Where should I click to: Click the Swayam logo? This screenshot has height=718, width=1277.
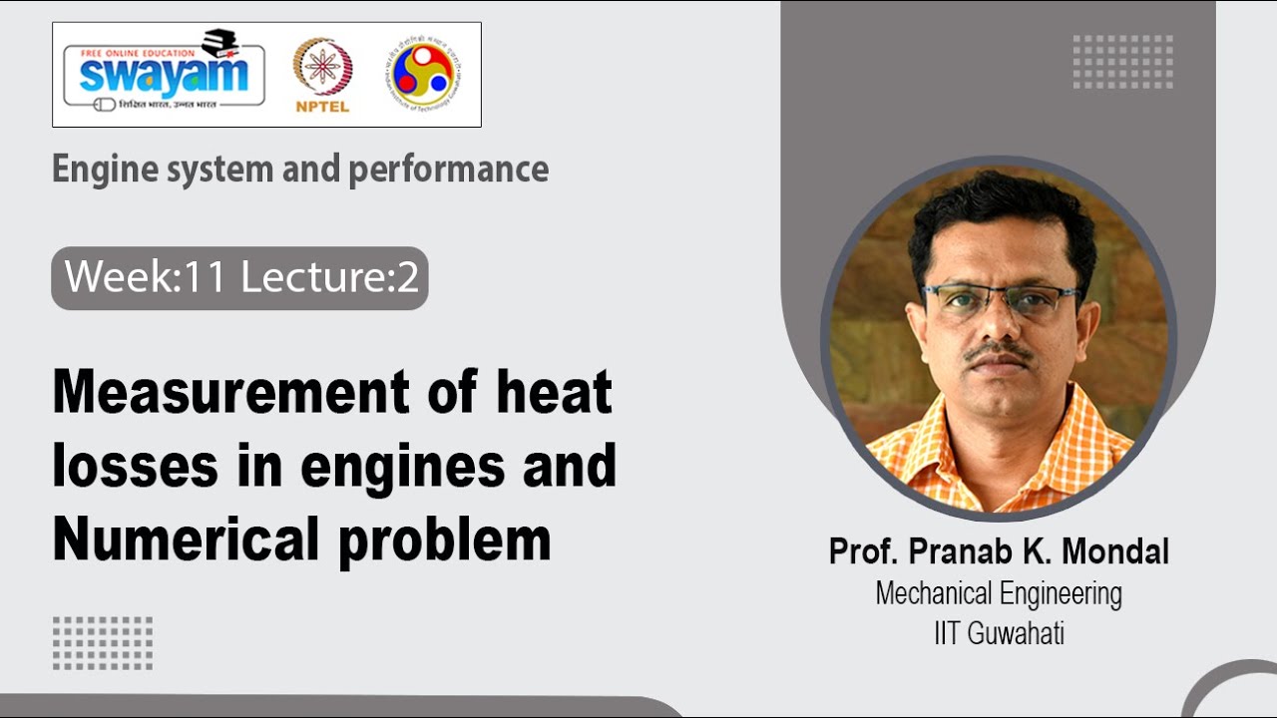pyautogui.click(x=164, y=73)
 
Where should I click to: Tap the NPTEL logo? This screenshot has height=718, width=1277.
pyautogui.click(x=321, y=75)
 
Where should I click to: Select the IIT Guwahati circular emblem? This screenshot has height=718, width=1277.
pyautogui.click(x=424, y=73)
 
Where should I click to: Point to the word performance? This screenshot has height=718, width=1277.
pyautogui.click(x=448, y=170)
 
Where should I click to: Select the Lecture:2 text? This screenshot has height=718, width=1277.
pyautogui.click(x=329, y=277)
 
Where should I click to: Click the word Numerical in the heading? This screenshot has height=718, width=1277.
pyautogui.click(x=186, y=538)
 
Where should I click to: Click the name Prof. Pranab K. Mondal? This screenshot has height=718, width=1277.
pyautogui.click(x=999, y=550)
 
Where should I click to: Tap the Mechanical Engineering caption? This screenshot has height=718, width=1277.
pyautogui.click(x=999, y=594)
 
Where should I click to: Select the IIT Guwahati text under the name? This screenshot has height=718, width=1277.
pyautogui.click(x=999, y=634)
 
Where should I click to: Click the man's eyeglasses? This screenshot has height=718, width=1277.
pyautogui.click(x=1000, y=298)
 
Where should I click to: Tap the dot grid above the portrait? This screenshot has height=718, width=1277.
pyautogui.click(x=1122, y=62)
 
